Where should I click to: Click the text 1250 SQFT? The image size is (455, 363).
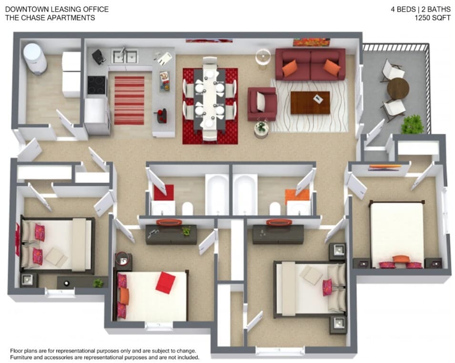(x=433, y=18)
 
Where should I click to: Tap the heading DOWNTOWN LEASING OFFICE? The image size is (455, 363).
(x=57, y=9)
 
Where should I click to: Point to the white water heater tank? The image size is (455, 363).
(x=35, y=59)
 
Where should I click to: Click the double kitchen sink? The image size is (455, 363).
(x=124, y=57)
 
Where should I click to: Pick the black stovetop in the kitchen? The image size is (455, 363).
(x=97, y=86)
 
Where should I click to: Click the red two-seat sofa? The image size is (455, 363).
(x=310, y=64)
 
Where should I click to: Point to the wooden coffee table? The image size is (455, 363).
(x=310, y=102)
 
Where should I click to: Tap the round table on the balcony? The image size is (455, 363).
(x=398, y=89)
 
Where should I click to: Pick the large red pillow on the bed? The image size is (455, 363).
(x=165, y=282)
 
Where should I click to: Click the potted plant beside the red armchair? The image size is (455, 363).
(x=261, y=128)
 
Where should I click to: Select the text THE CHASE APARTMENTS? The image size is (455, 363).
(x=50, y=18)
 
